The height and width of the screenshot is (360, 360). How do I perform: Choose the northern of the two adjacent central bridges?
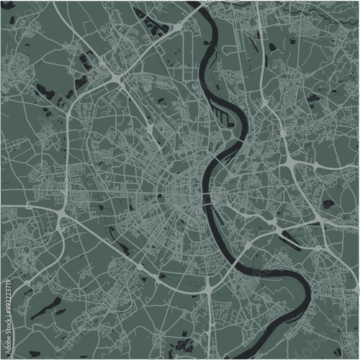209,193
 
